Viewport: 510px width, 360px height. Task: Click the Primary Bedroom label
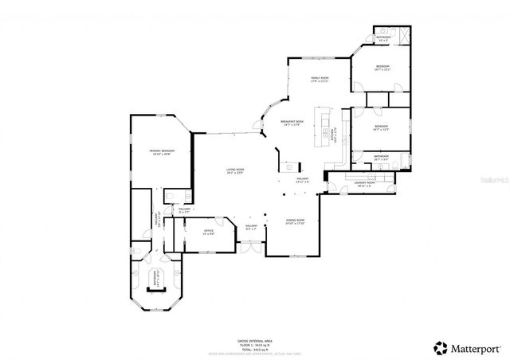click(161, 152)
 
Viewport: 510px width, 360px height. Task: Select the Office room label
click(208, 233)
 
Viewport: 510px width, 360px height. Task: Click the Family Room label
click(320, 79)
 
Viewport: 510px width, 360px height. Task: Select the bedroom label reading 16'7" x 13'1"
click(382, 67)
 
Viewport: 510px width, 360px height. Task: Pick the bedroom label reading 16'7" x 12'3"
click(381, 127)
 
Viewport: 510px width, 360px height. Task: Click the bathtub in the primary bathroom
click(156, 278)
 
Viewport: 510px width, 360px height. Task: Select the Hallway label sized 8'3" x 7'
click(252, 228)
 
